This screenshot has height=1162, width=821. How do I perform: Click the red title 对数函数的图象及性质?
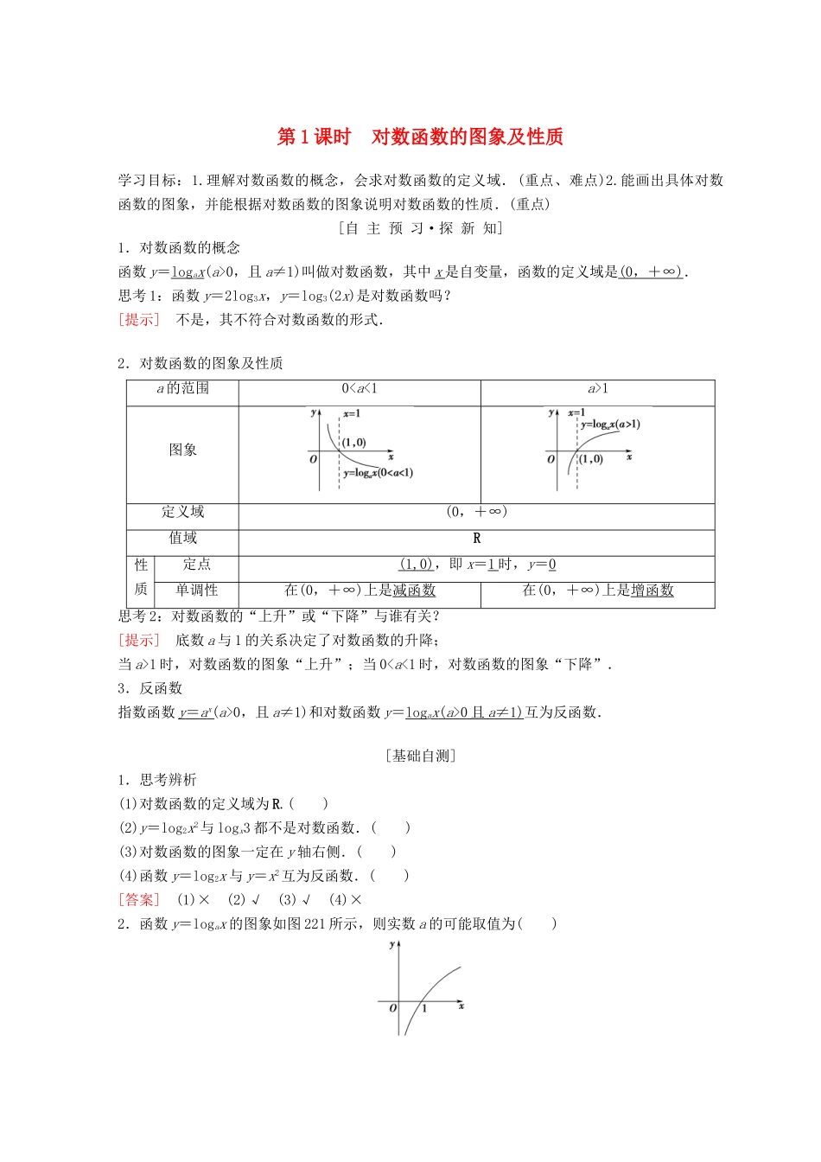467,137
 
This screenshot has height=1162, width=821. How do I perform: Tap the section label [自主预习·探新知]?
421,228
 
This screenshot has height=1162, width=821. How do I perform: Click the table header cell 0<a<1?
360,389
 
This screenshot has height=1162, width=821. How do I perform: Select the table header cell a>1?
598,389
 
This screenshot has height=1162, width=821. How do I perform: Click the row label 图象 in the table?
183,450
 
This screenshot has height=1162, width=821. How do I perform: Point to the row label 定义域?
183,512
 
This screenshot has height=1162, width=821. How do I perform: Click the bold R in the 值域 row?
476,539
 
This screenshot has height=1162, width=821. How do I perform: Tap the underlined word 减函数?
414,591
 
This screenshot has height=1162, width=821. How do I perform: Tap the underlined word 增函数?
652,591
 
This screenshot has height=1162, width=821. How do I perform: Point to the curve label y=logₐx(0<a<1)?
378,473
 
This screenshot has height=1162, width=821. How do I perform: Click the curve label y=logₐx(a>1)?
610,425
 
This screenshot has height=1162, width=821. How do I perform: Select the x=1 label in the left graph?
351,414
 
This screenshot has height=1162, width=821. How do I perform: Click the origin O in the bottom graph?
392,1008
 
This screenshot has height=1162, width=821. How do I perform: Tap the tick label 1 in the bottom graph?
424,1009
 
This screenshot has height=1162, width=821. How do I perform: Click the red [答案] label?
139,900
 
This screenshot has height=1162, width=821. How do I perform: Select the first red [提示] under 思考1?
139,320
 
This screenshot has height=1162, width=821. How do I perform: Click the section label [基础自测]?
421,756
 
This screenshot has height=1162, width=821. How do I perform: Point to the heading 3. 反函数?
150,688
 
